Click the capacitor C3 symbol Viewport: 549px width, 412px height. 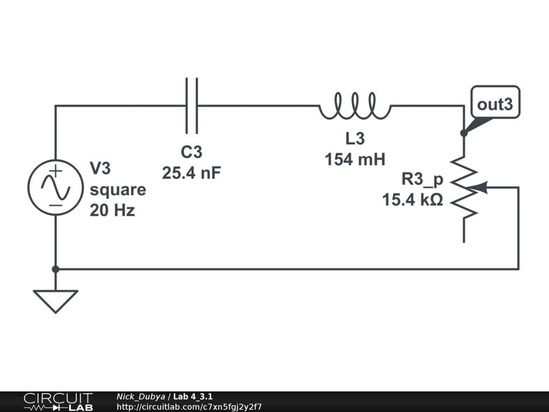(x=191, y=106)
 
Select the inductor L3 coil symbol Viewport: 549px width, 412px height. (x=355, y=106)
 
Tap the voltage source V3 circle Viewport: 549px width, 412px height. (x=55, y=187)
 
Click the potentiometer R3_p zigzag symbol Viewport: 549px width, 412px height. (x=464, y=187)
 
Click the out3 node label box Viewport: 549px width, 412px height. (x=495, y=104)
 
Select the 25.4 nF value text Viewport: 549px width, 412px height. (x=191, y=173)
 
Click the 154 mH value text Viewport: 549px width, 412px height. (x=355, y=159)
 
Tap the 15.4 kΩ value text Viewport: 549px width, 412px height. (x=412, y=200)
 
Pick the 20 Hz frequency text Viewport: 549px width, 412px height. (x=112, y=211)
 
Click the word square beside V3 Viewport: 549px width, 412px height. (x=118, y=190)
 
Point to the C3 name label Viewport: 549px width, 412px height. (x=191, y=152)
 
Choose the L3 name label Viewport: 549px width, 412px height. (x=355, y=138)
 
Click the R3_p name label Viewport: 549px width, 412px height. (x=422, y=179)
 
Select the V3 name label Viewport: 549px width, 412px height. (x=100, y=169)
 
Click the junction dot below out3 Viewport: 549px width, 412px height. (x=464, y=133)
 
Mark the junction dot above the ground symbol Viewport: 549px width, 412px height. (x=55, y=269)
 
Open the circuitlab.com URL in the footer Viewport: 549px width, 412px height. (x=189, y=407)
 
